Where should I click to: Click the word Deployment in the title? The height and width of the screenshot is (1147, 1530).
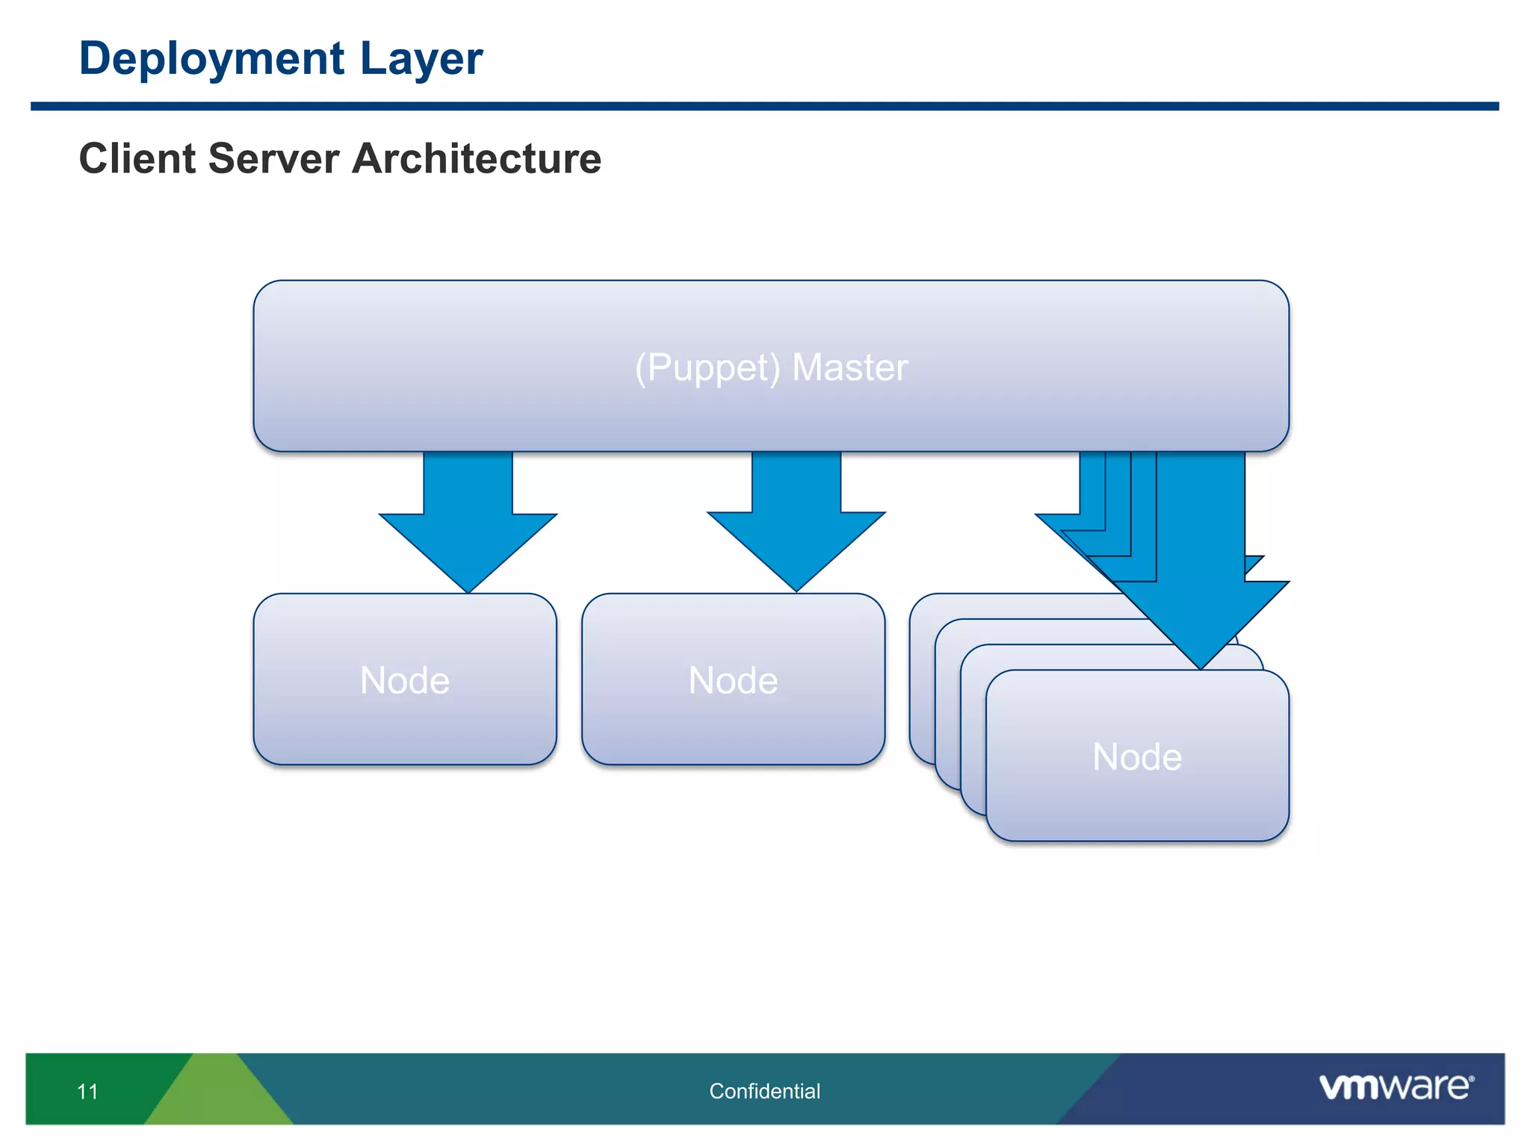coord(211,59)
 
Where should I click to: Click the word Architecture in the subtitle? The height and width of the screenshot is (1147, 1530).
coord(476,158)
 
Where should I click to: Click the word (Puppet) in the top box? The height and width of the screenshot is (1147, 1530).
coord(707,367)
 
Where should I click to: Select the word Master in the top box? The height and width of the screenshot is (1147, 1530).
coord(849,367)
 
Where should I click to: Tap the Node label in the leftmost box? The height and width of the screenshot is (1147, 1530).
coord(404,680)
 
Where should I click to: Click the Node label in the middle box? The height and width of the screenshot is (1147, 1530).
coord(733,680)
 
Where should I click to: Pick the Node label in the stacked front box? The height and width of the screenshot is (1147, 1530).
coord(1137,756)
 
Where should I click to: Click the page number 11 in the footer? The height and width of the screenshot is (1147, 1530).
coord(87,1092)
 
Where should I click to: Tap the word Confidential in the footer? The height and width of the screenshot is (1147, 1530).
coord(764,1091)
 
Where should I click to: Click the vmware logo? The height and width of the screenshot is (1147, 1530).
coord(1396,1087)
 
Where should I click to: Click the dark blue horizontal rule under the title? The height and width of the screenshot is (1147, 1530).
coord(764,107)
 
